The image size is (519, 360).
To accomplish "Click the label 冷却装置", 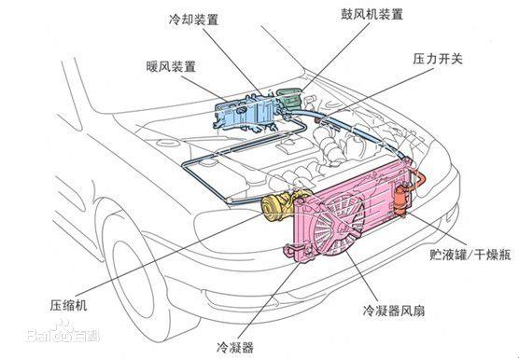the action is (193, 21).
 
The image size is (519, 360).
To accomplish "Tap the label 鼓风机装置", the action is (372, 14).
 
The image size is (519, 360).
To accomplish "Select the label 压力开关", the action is (437, 59).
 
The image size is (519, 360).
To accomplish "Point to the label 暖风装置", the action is (171, 67).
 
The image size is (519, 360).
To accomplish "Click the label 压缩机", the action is (68, 305).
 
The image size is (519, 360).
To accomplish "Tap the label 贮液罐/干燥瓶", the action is (470, 255).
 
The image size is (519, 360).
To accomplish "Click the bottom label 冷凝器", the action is (235, 348).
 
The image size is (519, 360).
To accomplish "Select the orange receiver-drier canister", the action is (401, 201).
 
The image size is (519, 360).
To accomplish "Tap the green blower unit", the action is (288, 98).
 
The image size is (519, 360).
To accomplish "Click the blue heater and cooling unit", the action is (247, 111).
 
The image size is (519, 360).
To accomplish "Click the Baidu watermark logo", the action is (63, 333).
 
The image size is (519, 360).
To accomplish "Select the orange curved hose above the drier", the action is (419, 181).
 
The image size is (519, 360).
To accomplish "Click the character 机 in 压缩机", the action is (81, 305).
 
